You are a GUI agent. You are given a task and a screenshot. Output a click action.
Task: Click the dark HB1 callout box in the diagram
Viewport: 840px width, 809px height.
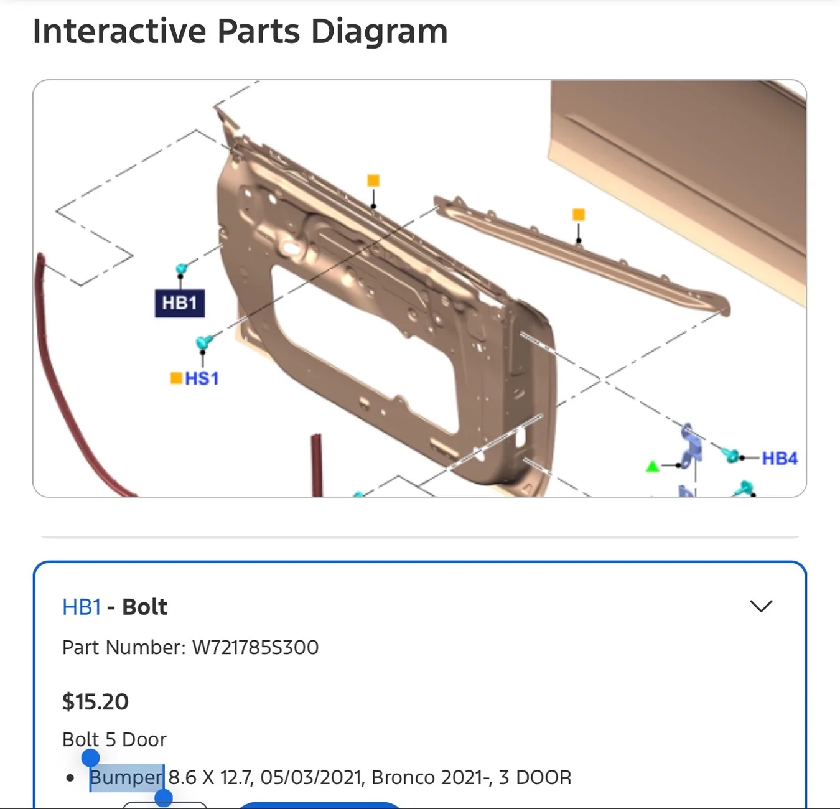click(180, 303)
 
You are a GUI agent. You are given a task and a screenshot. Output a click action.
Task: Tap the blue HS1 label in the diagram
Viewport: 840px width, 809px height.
click(202, 378)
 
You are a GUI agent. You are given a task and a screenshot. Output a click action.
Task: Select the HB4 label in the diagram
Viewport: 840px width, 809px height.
click(780, 459)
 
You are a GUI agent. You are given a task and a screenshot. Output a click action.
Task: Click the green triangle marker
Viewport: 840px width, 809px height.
click(652, 466)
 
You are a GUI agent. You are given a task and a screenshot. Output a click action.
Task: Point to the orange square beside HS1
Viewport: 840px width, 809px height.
click(176, 378)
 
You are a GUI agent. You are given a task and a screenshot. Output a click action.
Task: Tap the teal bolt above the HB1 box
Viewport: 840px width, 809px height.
click(182, 269)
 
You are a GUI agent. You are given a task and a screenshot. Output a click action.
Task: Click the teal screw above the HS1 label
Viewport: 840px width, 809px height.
click(203, 342)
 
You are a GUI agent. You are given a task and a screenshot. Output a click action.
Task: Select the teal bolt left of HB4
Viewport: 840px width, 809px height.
click(730, 454)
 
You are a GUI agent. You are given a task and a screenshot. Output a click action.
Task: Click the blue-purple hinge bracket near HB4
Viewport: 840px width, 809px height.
click(691, 446)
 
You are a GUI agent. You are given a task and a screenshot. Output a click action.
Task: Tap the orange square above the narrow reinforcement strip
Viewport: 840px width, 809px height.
click(579, 215)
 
